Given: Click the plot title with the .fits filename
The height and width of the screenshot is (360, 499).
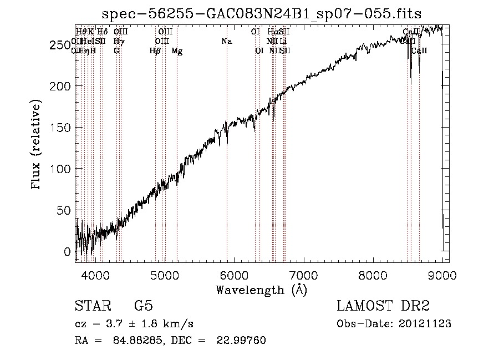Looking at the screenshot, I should click(262, 13).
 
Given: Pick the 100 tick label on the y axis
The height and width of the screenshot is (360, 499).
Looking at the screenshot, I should click(60, 169).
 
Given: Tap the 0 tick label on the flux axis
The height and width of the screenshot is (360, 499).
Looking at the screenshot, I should click(68, 251).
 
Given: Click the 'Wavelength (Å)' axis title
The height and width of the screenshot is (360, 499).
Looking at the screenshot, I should click(261, 289).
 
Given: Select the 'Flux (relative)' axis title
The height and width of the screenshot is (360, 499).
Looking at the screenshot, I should click(37, 145).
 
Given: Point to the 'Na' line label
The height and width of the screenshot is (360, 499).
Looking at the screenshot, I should click(226, 42).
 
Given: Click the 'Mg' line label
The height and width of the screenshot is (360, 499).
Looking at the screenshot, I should click(177, 51).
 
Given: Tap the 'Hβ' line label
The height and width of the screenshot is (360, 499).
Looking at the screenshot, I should click(155, 51).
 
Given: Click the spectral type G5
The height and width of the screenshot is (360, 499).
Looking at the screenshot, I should click(144, 306).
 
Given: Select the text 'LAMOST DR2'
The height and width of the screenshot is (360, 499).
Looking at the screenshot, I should click(383, 306).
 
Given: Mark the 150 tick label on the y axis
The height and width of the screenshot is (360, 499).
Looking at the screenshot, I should click(60, 128).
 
